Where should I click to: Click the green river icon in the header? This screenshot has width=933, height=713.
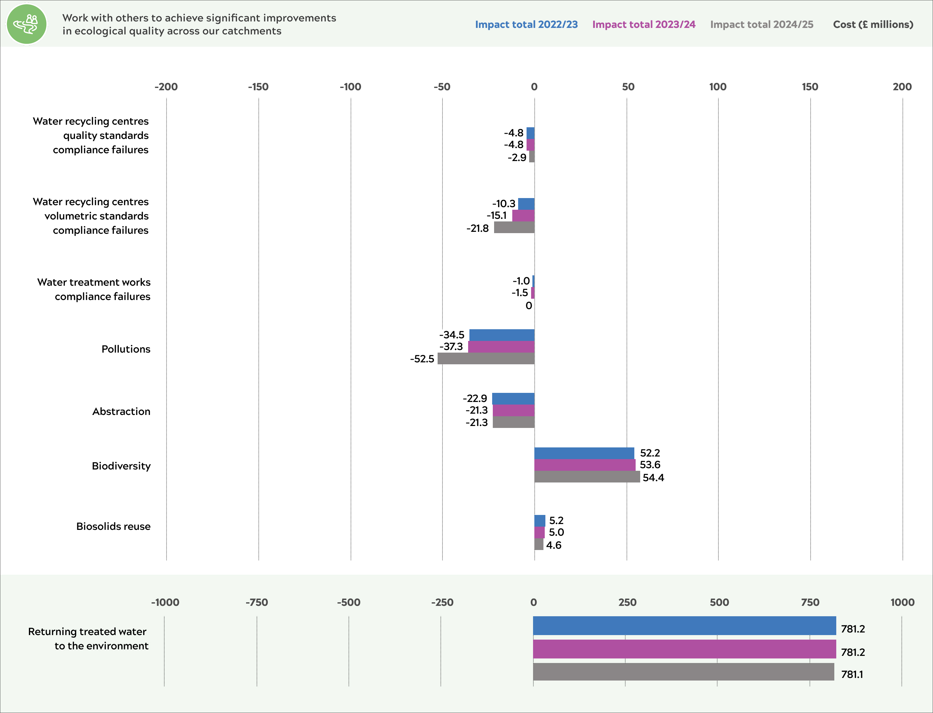26,24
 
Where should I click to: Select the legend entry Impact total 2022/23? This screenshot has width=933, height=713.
526,25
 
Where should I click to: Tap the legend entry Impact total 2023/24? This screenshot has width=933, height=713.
644,25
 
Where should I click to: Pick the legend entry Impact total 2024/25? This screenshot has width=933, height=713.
762,25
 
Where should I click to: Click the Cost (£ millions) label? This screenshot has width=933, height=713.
873,25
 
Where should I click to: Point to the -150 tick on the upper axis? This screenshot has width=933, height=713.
258,87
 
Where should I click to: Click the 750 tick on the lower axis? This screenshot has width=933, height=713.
810,602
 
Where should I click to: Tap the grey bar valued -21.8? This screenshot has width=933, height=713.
514,228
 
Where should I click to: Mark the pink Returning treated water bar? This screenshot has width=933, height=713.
684,649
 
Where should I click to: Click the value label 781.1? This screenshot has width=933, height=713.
852,674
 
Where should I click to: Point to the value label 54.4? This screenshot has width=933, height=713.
653,478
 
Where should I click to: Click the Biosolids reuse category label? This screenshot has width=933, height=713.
113,526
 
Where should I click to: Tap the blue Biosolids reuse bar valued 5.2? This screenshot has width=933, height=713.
539,520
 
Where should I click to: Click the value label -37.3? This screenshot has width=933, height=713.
451,347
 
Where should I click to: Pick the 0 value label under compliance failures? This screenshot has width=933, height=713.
529,306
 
